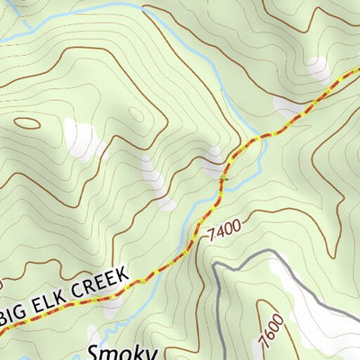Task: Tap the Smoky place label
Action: pos(122,351)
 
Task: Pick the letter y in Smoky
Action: pos(150,353)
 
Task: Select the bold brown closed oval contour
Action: pos(27,123)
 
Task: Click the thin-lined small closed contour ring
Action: pos(137,114)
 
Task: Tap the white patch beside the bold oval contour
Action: pos(83,138)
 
